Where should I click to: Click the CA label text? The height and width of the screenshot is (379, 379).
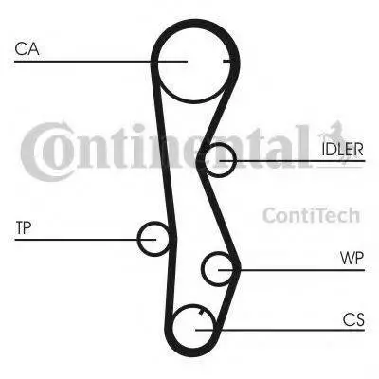(27, 49)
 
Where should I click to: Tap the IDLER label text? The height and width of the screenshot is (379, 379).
(343, 149)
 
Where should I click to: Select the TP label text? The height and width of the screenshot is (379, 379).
(24, 227)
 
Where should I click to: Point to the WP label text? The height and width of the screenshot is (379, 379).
(352, 258)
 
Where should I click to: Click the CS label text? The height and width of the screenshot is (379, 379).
(353, 319)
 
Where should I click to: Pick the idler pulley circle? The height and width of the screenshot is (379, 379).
(234, 159)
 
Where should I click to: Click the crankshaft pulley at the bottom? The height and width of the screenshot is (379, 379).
(172, 329)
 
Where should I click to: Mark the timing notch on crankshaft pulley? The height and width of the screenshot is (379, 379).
(200, 313)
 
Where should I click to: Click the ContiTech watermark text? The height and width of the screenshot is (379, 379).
(311, 215)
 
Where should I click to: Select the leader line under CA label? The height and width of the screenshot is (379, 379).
(100, 61)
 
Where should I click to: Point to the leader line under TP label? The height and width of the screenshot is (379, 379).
(85, 240)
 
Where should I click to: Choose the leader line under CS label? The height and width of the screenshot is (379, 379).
(280, 330)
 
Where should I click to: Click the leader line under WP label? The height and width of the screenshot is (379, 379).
(292, 270)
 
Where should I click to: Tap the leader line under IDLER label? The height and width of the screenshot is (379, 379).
(293, 161)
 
